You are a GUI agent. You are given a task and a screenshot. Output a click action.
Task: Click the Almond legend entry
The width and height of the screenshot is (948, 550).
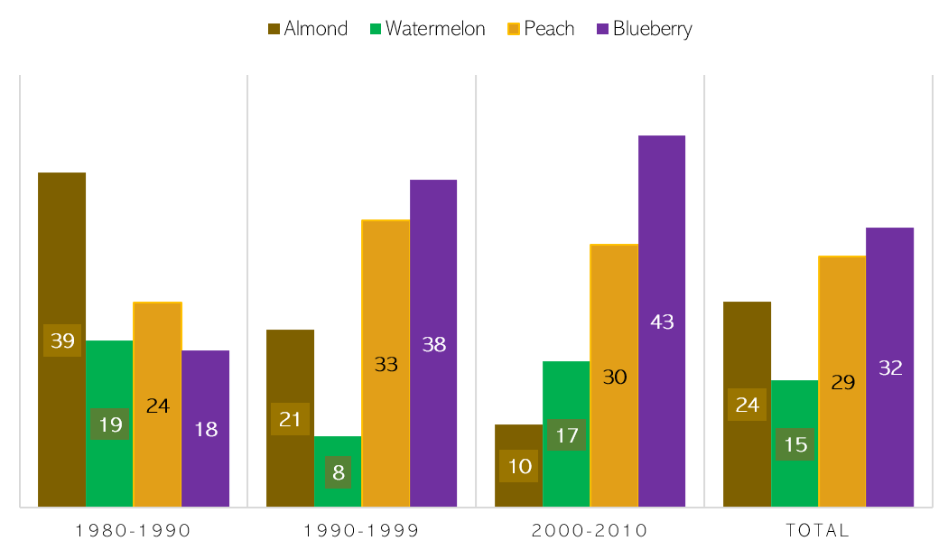click(307, 29)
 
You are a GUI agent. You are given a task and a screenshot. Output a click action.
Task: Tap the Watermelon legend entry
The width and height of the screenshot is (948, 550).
click(426, 29)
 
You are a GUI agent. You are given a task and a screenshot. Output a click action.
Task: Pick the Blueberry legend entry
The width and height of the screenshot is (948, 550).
click(643, 29)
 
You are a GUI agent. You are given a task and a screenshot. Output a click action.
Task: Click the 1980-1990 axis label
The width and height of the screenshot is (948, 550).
click(134, 530)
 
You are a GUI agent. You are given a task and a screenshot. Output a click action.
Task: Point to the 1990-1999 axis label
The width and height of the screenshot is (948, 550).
click(362, 530)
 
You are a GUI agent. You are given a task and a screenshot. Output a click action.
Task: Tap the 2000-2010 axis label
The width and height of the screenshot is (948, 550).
click(590, 530)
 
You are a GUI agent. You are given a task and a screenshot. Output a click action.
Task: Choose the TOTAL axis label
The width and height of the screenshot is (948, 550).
click(818, 530)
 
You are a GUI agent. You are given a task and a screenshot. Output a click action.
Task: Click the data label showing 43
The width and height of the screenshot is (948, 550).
click(662, 322)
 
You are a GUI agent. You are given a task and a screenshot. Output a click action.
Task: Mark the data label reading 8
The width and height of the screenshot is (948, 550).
click(338, 471)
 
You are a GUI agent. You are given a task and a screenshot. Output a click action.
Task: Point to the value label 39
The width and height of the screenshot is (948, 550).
click(61, 340)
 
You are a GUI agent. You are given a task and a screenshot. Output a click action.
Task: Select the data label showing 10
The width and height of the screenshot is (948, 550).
click(518, 466)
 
